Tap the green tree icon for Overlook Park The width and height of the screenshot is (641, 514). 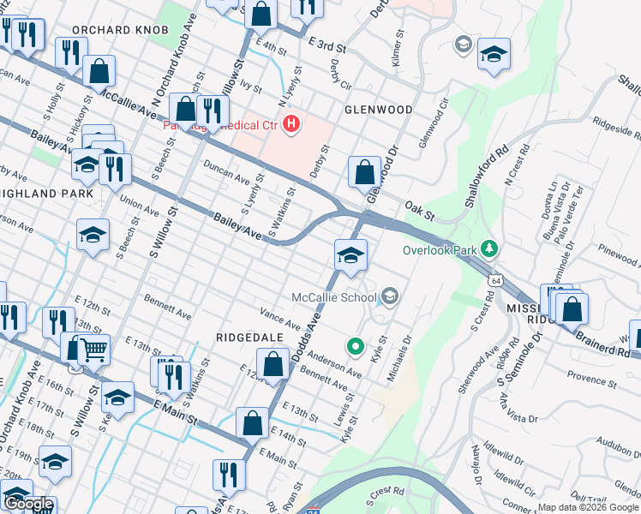click(488, 249)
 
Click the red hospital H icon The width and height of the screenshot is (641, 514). click(292, 126)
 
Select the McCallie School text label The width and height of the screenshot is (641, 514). click(333, 298)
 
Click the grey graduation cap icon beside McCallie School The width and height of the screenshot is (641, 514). click(390, 297)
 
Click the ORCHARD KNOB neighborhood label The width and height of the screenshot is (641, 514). click(113, 30)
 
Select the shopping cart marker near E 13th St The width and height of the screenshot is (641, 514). click(93, 349)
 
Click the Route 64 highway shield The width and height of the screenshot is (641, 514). click(496, 280)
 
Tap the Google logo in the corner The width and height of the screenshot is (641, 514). click(27, 505)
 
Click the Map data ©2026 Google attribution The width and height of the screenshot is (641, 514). click(588, 507)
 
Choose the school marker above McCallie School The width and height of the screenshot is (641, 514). click(350, 255)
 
